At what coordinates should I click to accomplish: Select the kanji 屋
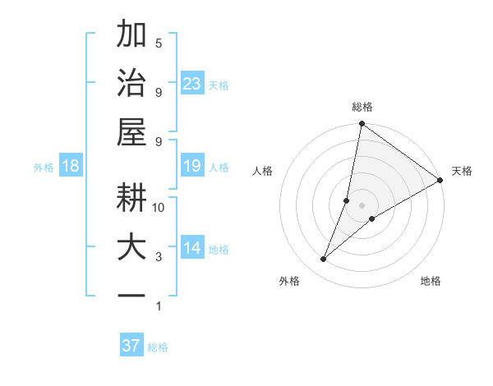coord(131,131)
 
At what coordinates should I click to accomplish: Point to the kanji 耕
coord(131,198)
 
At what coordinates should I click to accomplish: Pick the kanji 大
coord(131,247)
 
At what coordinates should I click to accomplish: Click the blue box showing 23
coord(191,83)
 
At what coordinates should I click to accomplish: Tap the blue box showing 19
coord(191,167)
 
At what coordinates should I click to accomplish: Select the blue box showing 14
coord(191,248)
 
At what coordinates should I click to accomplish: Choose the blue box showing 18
coord(71,167)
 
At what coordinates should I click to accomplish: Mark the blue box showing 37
coord(131,346)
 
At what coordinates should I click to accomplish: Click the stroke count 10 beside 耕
coord(159,208)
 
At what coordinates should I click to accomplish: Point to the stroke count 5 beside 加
coord(159,44)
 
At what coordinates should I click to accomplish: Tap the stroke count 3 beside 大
coord(159,257)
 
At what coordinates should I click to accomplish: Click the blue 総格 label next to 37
coord(158,347)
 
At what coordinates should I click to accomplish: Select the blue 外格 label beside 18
coord(44,168)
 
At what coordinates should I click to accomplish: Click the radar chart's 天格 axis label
coord(462,171)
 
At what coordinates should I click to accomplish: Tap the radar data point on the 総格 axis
coord(362,125)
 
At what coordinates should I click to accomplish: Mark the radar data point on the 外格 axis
coord(324,260)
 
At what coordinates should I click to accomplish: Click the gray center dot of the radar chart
coord(362,205)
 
